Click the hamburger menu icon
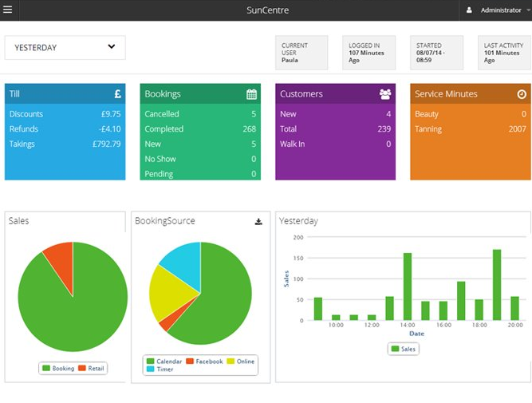click(8, 10)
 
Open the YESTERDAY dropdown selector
click(65, 48)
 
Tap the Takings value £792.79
click(104, 144)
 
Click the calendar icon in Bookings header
click(252, 94)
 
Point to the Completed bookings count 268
click(249, 129)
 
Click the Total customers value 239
click(384, 129)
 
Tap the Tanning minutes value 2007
click(517, 129)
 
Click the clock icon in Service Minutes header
click(522, 94)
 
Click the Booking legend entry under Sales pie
click(57, 369)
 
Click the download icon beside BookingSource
click(258, 222)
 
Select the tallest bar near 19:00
click(497, 285)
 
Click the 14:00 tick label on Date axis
click(407, 326)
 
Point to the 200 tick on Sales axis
click(298, 238)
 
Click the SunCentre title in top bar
click(267, 10)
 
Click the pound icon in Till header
click(117, 94)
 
